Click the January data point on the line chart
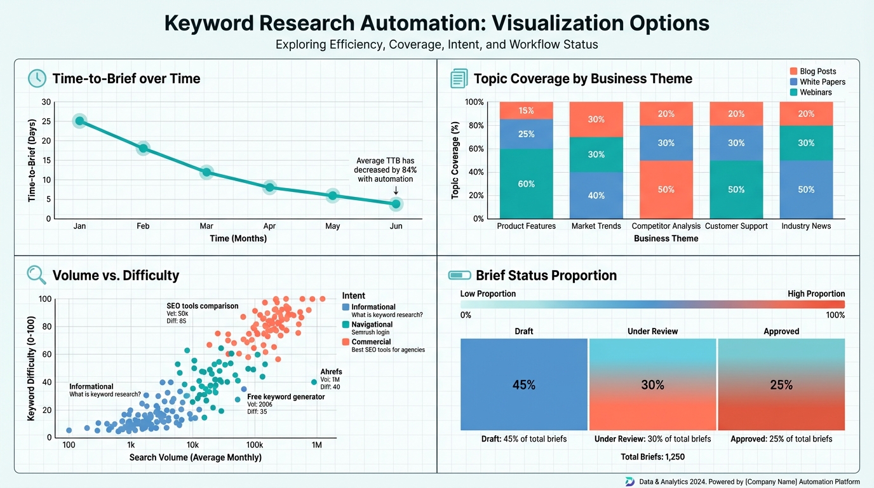pos(79,121)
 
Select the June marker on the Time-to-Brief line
pos(396,204)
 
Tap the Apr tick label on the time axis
pos(269,226)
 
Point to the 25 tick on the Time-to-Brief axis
pos(46,121)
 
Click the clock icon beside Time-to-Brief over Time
pos(37,78)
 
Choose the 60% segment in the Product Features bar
pos(526,184)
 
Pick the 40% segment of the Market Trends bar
pos(596,195)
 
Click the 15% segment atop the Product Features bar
pos(526,111)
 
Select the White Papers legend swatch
pos(793,82)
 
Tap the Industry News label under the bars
pos(806,226)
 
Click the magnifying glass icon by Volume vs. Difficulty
pos(36,274)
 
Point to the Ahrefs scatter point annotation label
pos(331,372)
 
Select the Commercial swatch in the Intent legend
pos(346,342)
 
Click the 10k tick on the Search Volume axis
pos(192,445)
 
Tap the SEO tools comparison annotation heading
pos(203,306)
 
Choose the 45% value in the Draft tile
pos(524,385)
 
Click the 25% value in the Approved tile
pos(781,385)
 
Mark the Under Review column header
pos(652,331)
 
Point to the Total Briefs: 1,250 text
pos(652,457)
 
